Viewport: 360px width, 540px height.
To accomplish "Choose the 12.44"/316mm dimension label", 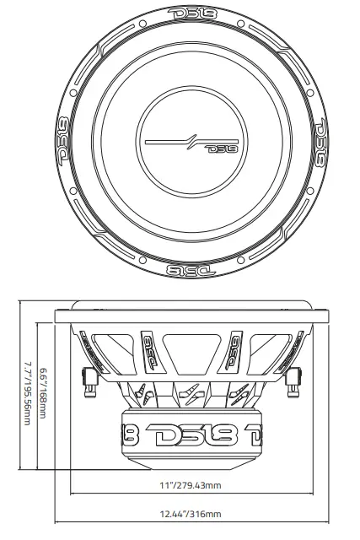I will click(180, 514).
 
